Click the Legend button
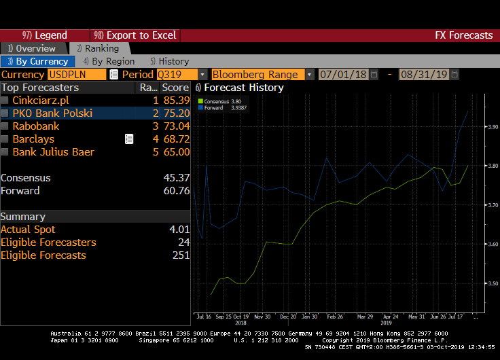coord(45,35)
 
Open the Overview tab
coord(32,48)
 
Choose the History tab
coord(169,61)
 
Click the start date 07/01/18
coord(343,74)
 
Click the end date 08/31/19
coord(424,74)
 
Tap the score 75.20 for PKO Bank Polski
coord(176,113)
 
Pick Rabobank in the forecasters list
coord(36,126)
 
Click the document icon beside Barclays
coord(129,139)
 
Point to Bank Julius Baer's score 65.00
coord(176,152)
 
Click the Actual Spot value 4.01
coord(179,230)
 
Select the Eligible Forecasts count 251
coord(181,255)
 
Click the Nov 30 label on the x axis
coord(262,317)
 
